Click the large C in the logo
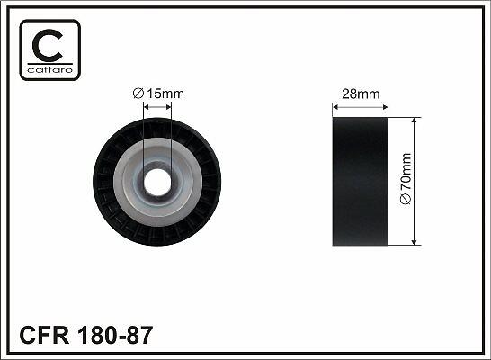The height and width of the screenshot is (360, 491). [47, 46]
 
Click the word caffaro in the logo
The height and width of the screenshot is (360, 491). [50, 69]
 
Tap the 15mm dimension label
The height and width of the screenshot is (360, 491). [165, 94]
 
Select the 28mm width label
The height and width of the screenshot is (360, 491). [361, 94]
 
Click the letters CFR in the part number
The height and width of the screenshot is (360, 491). [44, 335]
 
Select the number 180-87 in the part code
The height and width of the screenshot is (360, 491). [115, 335]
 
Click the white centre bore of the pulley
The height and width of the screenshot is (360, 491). [157, 182]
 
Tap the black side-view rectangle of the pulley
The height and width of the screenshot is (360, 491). [361, 182]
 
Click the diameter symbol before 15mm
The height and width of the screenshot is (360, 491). [138, 94]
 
